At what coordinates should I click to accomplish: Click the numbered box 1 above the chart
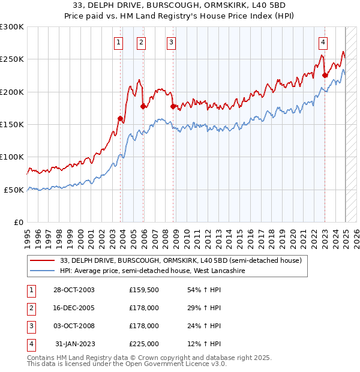pyautogui.click(x=118, y=42)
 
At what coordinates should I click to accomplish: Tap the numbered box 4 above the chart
pyautogui.click(x=323, y=42)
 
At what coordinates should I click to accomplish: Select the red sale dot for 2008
pyautogui.click(x=173, y=107)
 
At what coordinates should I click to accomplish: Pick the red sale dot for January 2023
pyautogui.click(x=325, y=76)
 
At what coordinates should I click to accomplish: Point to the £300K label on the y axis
pyautogui.click(x=12, y=27)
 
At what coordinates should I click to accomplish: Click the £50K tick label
pyautogui.click(x=14, y=190)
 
